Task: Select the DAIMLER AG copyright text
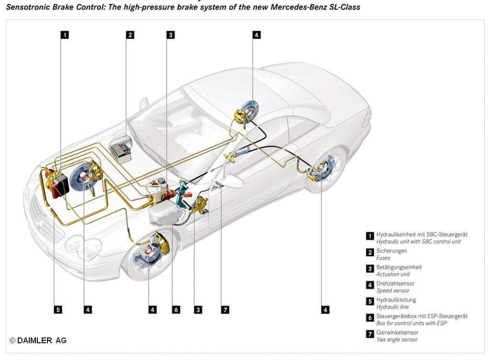click(38, 340)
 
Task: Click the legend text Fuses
click(384, 258)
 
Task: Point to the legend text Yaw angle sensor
click(397, 339)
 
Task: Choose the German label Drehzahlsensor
click(396, 284)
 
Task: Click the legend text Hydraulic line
click(393, 307)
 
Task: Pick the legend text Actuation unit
click(393, 274)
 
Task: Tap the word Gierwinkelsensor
click(397, 332)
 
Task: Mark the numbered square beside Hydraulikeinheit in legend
click(370, 236)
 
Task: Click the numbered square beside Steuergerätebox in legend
click(370, 317)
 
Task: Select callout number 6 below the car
click(176, 310)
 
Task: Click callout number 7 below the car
click(225, 310)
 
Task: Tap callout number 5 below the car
click(58, 310)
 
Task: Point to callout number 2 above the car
click(130, 35)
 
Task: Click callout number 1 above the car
click(64, 35)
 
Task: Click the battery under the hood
click(120, 150)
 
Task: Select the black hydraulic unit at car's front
click(60, 185)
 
